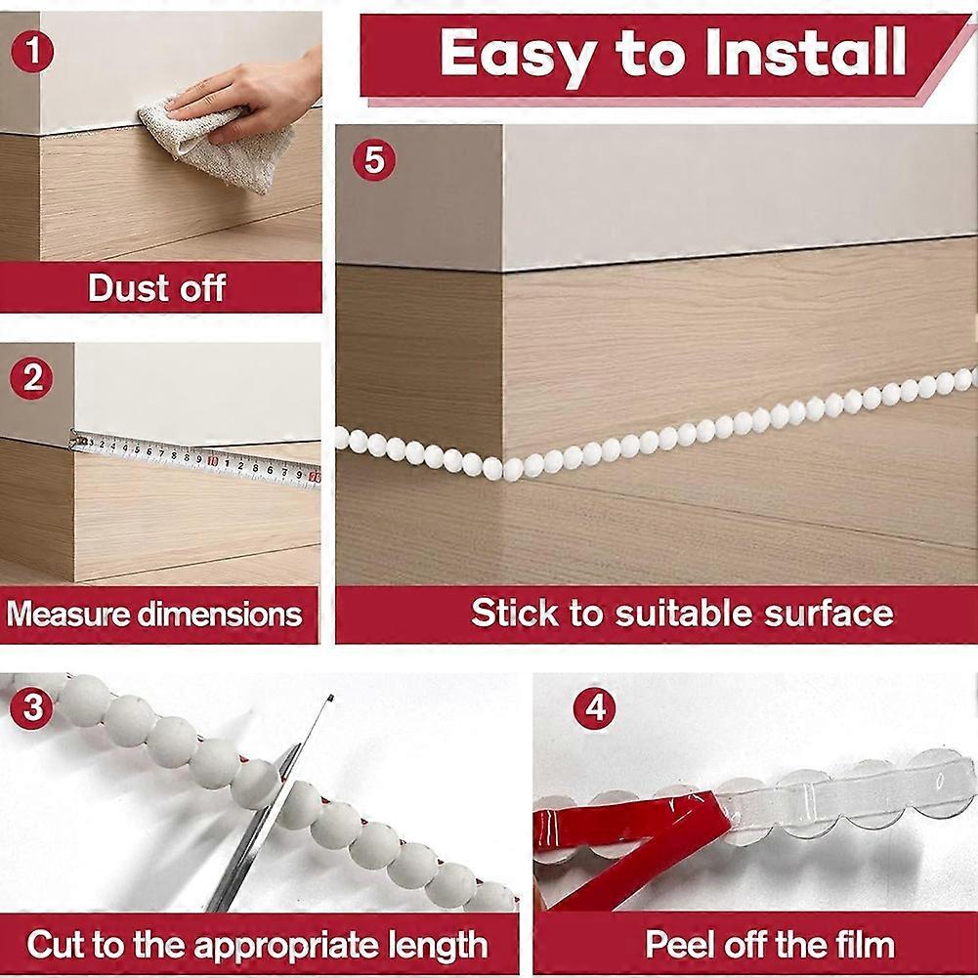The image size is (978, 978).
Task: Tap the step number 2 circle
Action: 33,378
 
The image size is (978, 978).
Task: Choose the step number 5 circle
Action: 374,160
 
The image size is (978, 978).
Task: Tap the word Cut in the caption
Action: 55,945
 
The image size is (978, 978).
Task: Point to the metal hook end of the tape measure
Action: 75,441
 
